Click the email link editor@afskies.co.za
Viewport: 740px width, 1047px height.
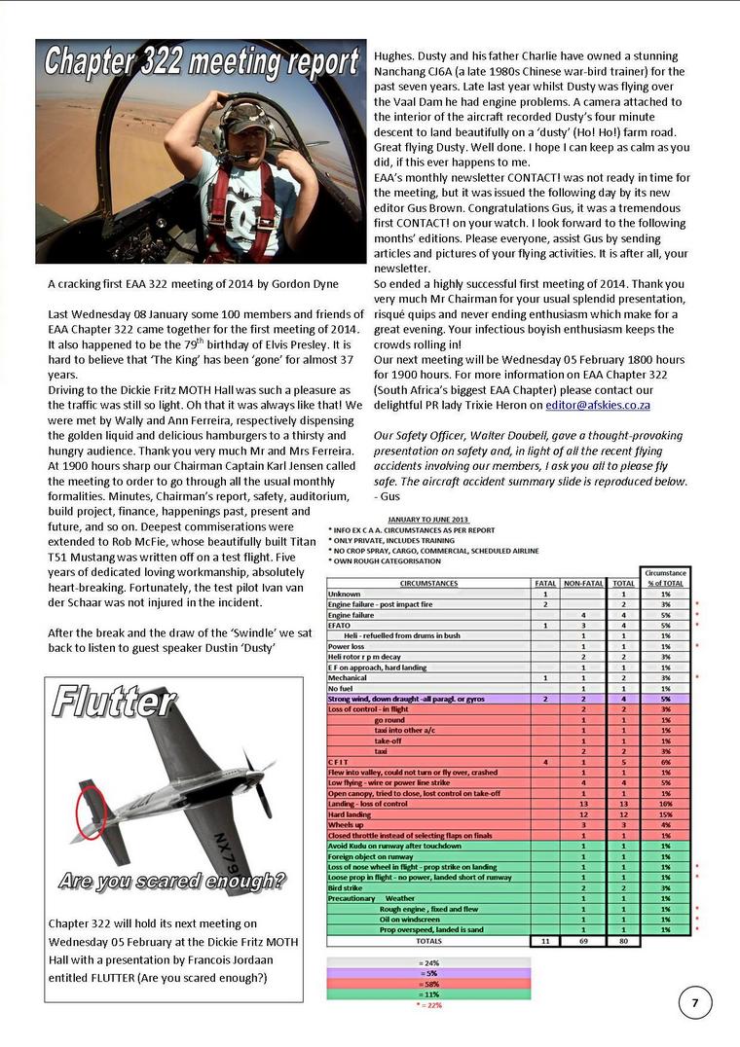pos(598,405)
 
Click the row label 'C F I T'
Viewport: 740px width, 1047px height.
pos(339,762)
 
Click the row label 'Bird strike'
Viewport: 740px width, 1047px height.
pos(348,887)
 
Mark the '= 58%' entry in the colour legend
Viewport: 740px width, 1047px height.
pos(428,984)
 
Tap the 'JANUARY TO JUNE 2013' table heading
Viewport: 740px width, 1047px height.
pos(427,520)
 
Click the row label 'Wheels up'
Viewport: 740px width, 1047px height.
pos(348,825)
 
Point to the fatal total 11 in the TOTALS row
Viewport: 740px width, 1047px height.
pos(545,941)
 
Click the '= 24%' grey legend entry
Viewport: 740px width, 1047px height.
pos(428,962)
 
